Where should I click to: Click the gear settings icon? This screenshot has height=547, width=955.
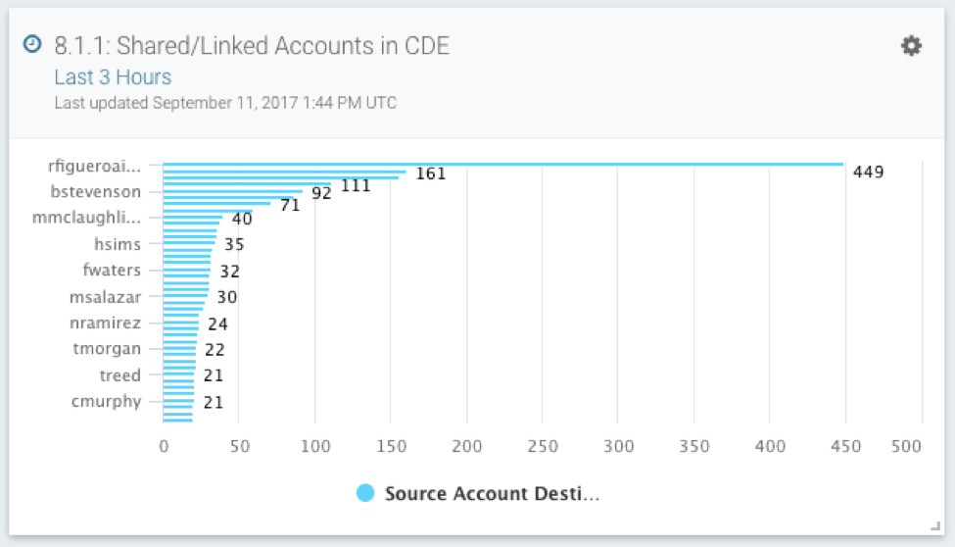911,46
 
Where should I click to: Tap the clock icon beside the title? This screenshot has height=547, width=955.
32,44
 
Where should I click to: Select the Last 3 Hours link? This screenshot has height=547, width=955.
113,77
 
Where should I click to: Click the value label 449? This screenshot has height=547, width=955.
868,173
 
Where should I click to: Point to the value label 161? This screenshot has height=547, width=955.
430,174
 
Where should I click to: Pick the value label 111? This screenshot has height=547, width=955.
356,185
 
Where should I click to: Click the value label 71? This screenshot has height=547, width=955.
289,205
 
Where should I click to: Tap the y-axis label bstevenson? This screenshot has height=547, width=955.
96,191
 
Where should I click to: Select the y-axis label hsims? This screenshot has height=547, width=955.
118,244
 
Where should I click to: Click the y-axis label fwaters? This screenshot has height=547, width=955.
112,271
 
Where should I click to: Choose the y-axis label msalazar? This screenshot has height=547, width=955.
105,297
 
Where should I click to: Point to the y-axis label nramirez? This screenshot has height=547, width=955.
106,323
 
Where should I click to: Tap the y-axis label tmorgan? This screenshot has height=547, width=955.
107,349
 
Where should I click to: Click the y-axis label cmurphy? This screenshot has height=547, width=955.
106,401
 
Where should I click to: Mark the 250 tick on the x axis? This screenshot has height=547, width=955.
542,447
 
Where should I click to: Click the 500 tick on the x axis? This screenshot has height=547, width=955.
907,447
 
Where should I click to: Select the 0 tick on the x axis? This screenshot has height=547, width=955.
164,447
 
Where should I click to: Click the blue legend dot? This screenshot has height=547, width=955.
366,493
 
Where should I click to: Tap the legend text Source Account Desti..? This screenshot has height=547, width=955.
492,494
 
